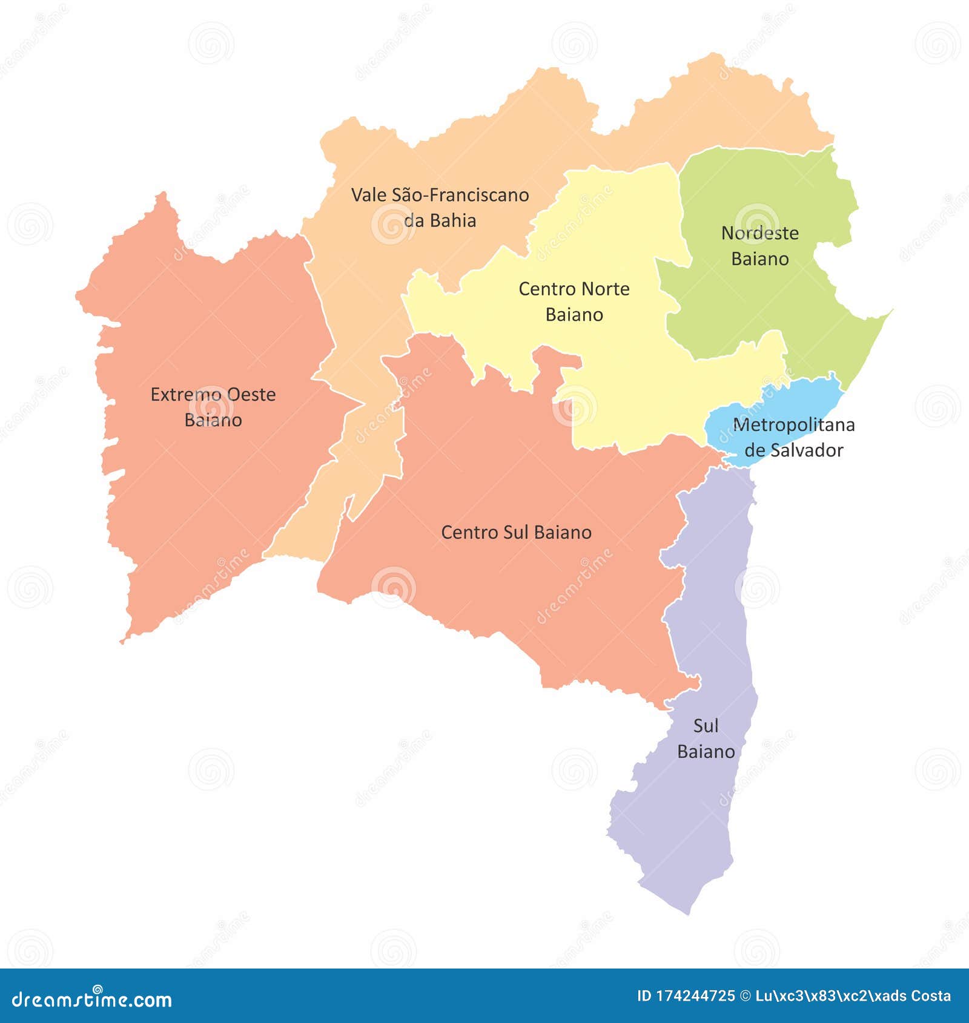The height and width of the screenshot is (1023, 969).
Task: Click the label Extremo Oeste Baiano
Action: click(213, 407)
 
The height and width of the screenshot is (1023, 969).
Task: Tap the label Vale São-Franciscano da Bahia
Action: click(440, 208)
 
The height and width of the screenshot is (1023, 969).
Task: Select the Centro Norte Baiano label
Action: click(574, 301)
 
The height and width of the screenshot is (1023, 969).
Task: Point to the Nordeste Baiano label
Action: click(759, 246)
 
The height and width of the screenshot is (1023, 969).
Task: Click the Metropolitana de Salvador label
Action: click(793, 437)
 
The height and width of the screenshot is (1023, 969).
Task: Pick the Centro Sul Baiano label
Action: click(516, 533)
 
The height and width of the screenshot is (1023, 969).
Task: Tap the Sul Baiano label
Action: click(706, 738)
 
